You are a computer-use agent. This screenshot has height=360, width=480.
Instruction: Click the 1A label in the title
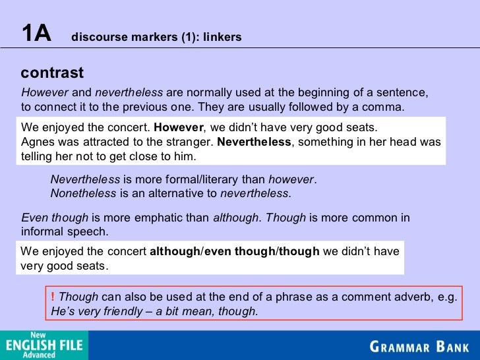point(36,34)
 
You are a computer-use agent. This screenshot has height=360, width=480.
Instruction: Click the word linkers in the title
point(222,38)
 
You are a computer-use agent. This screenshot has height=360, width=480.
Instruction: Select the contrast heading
point(52,73)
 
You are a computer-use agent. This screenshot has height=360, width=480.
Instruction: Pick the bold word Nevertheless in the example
point(253,142)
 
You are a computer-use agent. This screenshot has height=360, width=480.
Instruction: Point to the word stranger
point(192,142)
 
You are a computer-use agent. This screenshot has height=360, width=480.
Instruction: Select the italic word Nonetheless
point(83,193)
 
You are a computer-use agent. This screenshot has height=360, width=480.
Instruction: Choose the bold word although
point(174,251)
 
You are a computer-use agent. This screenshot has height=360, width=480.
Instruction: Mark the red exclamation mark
point(53,297)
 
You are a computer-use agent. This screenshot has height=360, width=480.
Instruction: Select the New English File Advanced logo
point(44,345)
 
